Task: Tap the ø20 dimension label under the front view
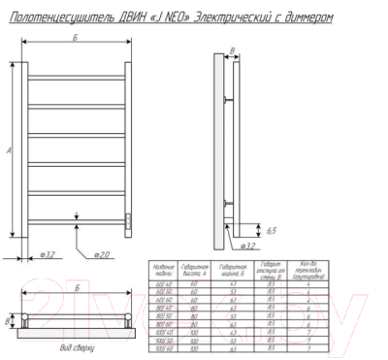pos(102,255)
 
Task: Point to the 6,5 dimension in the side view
pos(274,230)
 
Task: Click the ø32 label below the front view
pos(45,255)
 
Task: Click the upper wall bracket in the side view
pos(228,100)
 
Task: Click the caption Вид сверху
pos(78,346)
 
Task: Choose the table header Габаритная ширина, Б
pos(233,270)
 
